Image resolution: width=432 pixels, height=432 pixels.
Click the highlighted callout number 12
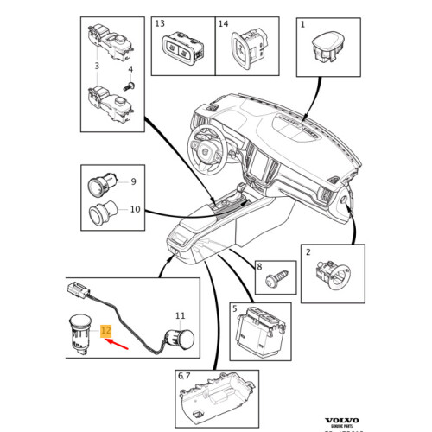pos(105,331)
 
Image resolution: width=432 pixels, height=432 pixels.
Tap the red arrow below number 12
pos(118,349)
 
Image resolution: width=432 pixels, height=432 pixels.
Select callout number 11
pos(180,317)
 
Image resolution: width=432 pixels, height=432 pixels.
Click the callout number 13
pos(159,23)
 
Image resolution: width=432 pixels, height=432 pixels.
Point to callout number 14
pos(224,23)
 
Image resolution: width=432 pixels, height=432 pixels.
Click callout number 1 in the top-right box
pos(302,24)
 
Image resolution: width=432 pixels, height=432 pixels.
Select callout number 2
pos(308,251)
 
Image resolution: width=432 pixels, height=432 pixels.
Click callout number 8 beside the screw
pos(258,269)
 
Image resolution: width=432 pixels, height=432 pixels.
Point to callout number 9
pos(133,181)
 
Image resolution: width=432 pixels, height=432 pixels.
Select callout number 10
pos(135,209)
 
